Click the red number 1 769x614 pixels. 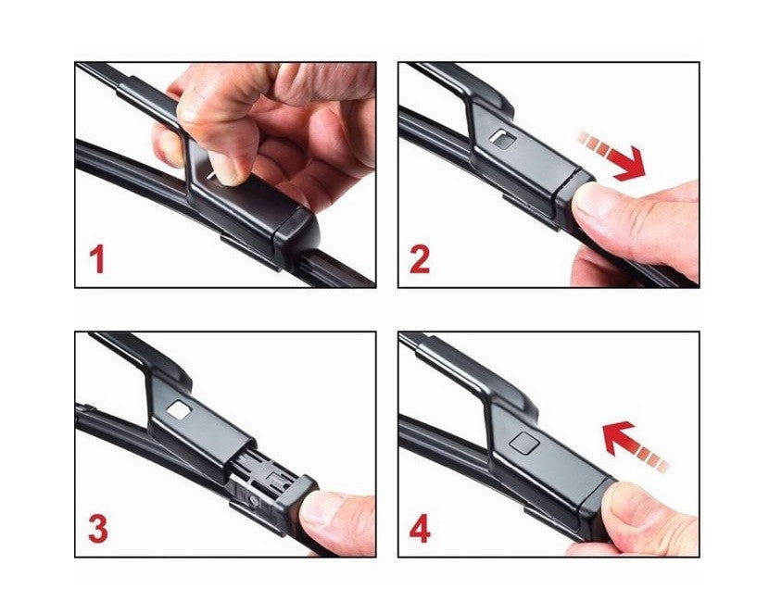pyautogui.click(x=97, y=259)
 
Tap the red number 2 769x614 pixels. pyautogui.click(x=420, y=259)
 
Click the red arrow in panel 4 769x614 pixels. pyautogui.click(x=634, y=445)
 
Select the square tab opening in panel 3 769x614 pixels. pyautogui.click(x=179, y=410)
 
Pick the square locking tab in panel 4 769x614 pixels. pyautogui.click(x=524, y=443)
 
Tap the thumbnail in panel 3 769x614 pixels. pyautogui.click(x=320, y=509)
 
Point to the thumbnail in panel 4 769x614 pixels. pyautogui.click(x=624, y=501)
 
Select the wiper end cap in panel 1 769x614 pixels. pyautogui.click(x=296, y=235)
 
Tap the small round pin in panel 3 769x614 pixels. pyautogui.click(x=254, y=500)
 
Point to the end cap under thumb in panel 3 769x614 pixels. pyautogui.click(x=294, y=505)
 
